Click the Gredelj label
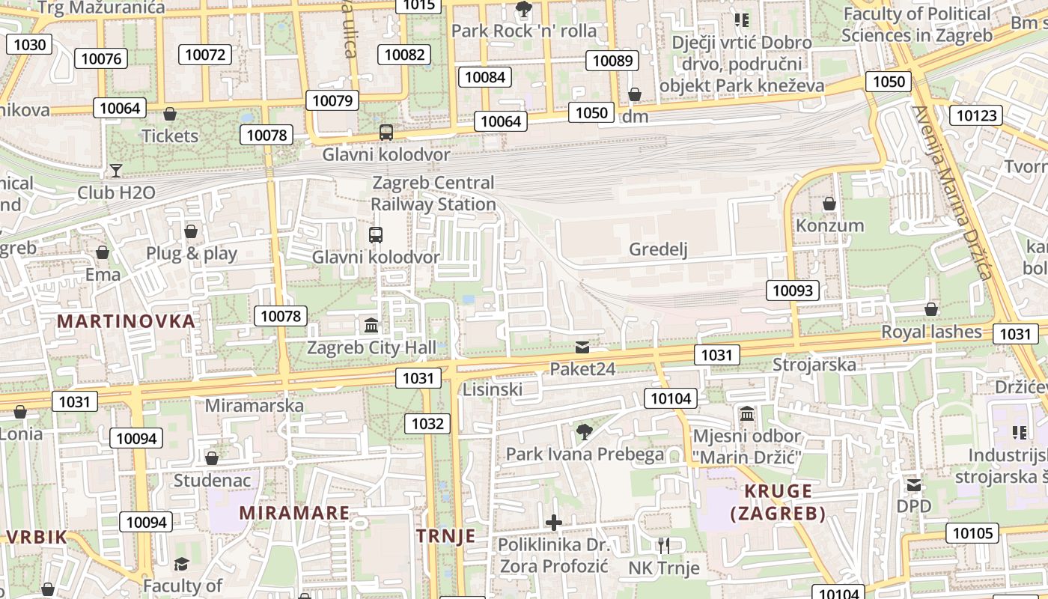pyautogui.click(x=658, y=249)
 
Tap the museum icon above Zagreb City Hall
pyautogui.click(x=371, y=326)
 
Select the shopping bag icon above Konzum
pyautogui.click(x=829, y=204)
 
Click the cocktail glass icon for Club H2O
pyautogui.click(x=115, y=171)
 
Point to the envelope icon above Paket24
pyautogui.click(x=582, y=347)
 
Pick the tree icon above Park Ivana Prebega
pyautogui.click(x=585, y=432)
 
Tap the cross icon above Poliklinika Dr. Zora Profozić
pyautogui.click(x=554, y=523)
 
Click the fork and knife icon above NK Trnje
pyautogui.click(x=663, y=545)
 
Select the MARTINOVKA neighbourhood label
pyautogui.click(x=126, y=321)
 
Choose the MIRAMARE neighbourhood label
pyautogui.click(x=294, y=513)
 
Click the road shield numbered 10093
pyautogui.click(x=792, y=291)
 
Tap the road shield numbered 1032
pyautogui.click(x=427, y=424)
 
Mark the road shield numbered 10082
pyautogui.click(x=405, y=55)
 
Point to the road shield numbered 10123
pyautogui.click(x=977, y=115)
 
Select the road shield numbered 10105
pyautogui.click(x=972, y=533)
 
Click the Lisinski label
pyautogui.click(x=493, y=389)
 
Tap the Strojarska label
pyautogui.click(x=814, y=365)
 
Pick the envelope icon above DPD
pyautogui.click(x=914, y=485)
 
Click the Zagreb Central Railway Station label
pyautogui.click(x=434, y=193)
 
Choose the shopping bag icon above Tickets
pyautogui.click(x=170, y=115)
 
